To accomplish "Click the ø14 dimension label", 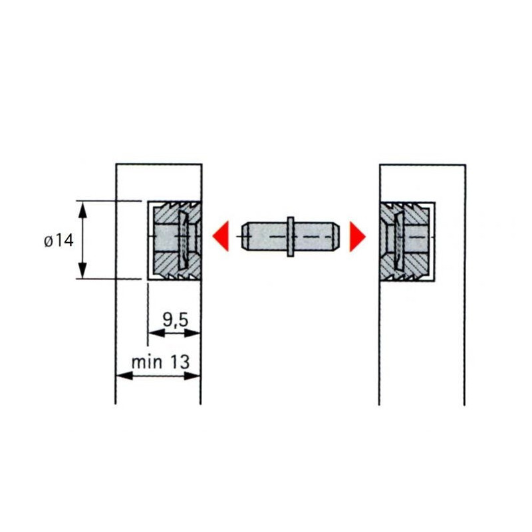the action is [x=59, y=241].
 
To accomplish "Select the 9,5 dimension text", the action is [x=175, y=320].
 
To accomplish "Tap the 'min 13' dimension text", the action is [x=160, y=362].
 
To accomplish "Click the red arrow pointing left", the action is [x=221, y=236].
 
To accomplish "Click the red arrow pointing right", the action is [x=358, y=237].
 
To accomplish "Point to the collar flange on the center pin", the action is [x=291, y=237].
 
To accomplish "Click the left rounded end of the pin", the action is [x=245, y=236].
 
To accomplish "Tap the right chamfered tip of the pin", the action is [x=336, y=236].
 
